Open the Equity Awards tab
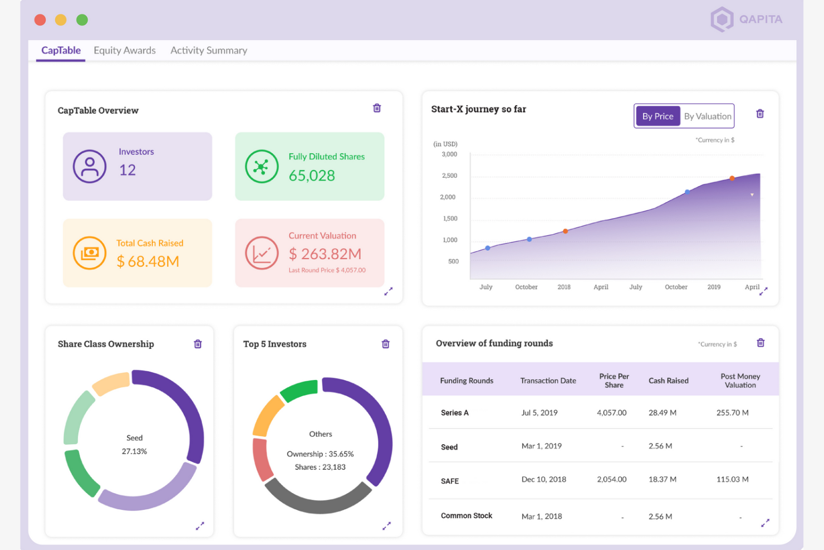125,50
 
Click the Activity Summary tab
209,50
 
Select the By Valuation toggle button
707,116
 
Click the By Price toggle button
658,116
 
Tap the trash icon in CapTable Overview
377,108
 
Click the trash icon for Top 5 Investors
385,344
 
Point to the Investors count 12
127,170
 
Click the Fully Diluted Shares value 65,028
312,176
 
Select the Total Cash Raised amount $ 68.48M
148,261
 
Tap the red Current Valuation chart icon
262,253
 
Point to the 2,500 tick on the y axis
449,176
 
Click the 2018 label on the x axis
564,287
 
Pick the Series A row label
454,413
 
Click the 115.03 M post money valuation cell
732,479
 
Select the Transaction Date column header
548,381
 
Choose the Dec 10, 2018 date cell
543,479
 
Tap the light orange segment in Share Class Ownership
111,383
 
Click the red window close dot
40,20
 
